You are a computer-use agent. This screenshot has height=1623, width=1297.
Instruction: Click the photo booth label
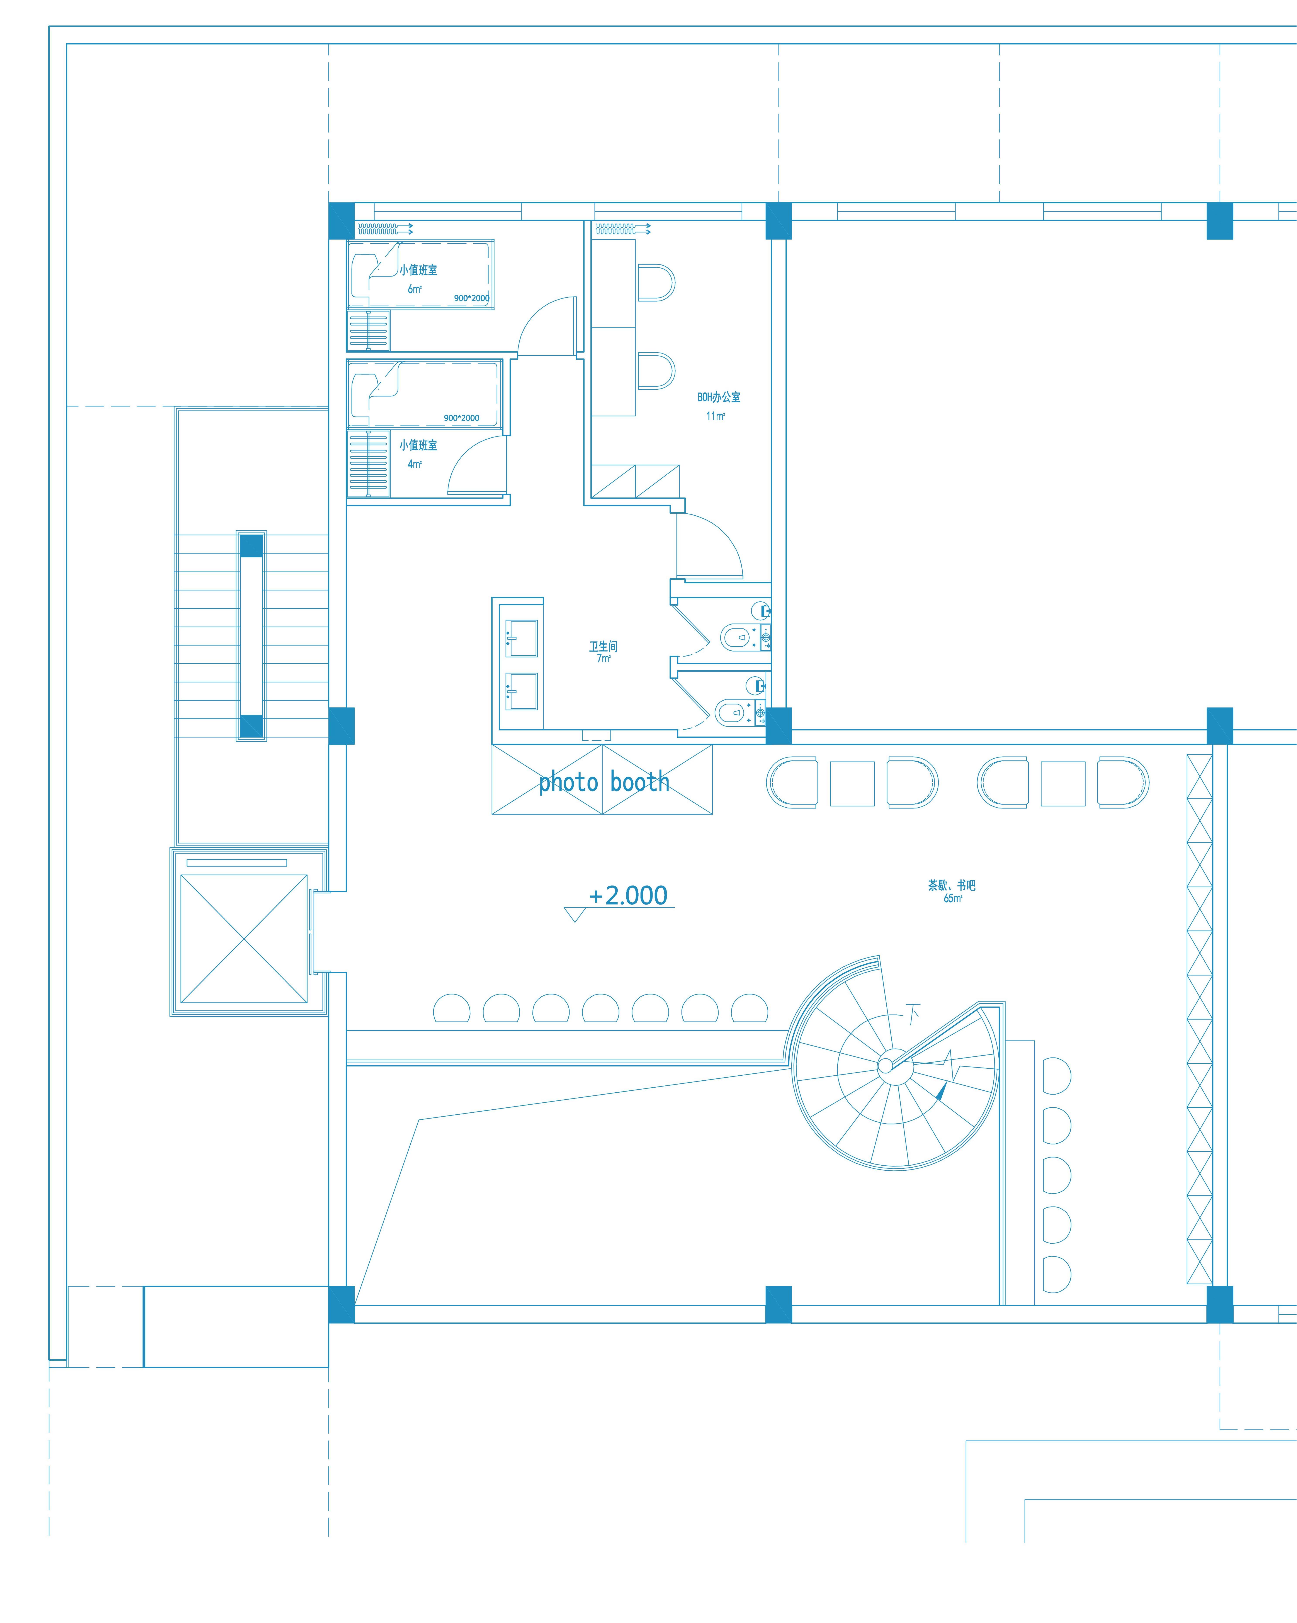point(604,783)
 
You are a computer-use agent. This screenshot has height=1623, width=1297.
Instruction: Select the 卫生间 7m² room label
point(603,651)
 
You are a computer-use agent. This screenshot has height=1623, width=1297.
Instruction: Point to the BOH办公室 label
point(718,397)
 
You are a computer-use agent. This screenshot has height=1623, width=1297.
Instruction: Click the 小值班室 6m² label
point(418,278)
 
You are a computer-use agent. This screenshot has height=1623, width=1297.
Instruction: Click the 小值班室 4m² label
point(418,454)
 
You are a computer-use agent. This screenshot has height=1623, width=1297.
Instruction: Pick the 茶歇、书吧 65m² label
point(952,891)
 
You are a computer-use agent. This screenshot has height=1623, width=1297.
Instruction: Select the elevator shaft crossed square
point(244,939)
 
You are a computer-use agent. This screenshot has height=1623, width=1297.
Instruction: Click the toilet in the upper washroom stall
point(739,638)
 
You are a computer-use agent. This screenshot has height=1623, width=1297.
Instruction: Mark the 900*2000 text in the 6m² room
point(471,298)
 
